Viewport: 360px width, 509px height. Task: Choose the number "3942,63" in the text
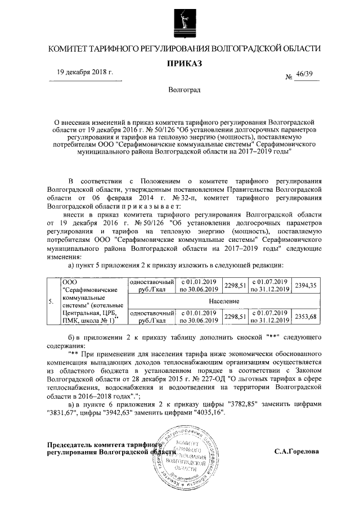[x=116, y=413]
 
